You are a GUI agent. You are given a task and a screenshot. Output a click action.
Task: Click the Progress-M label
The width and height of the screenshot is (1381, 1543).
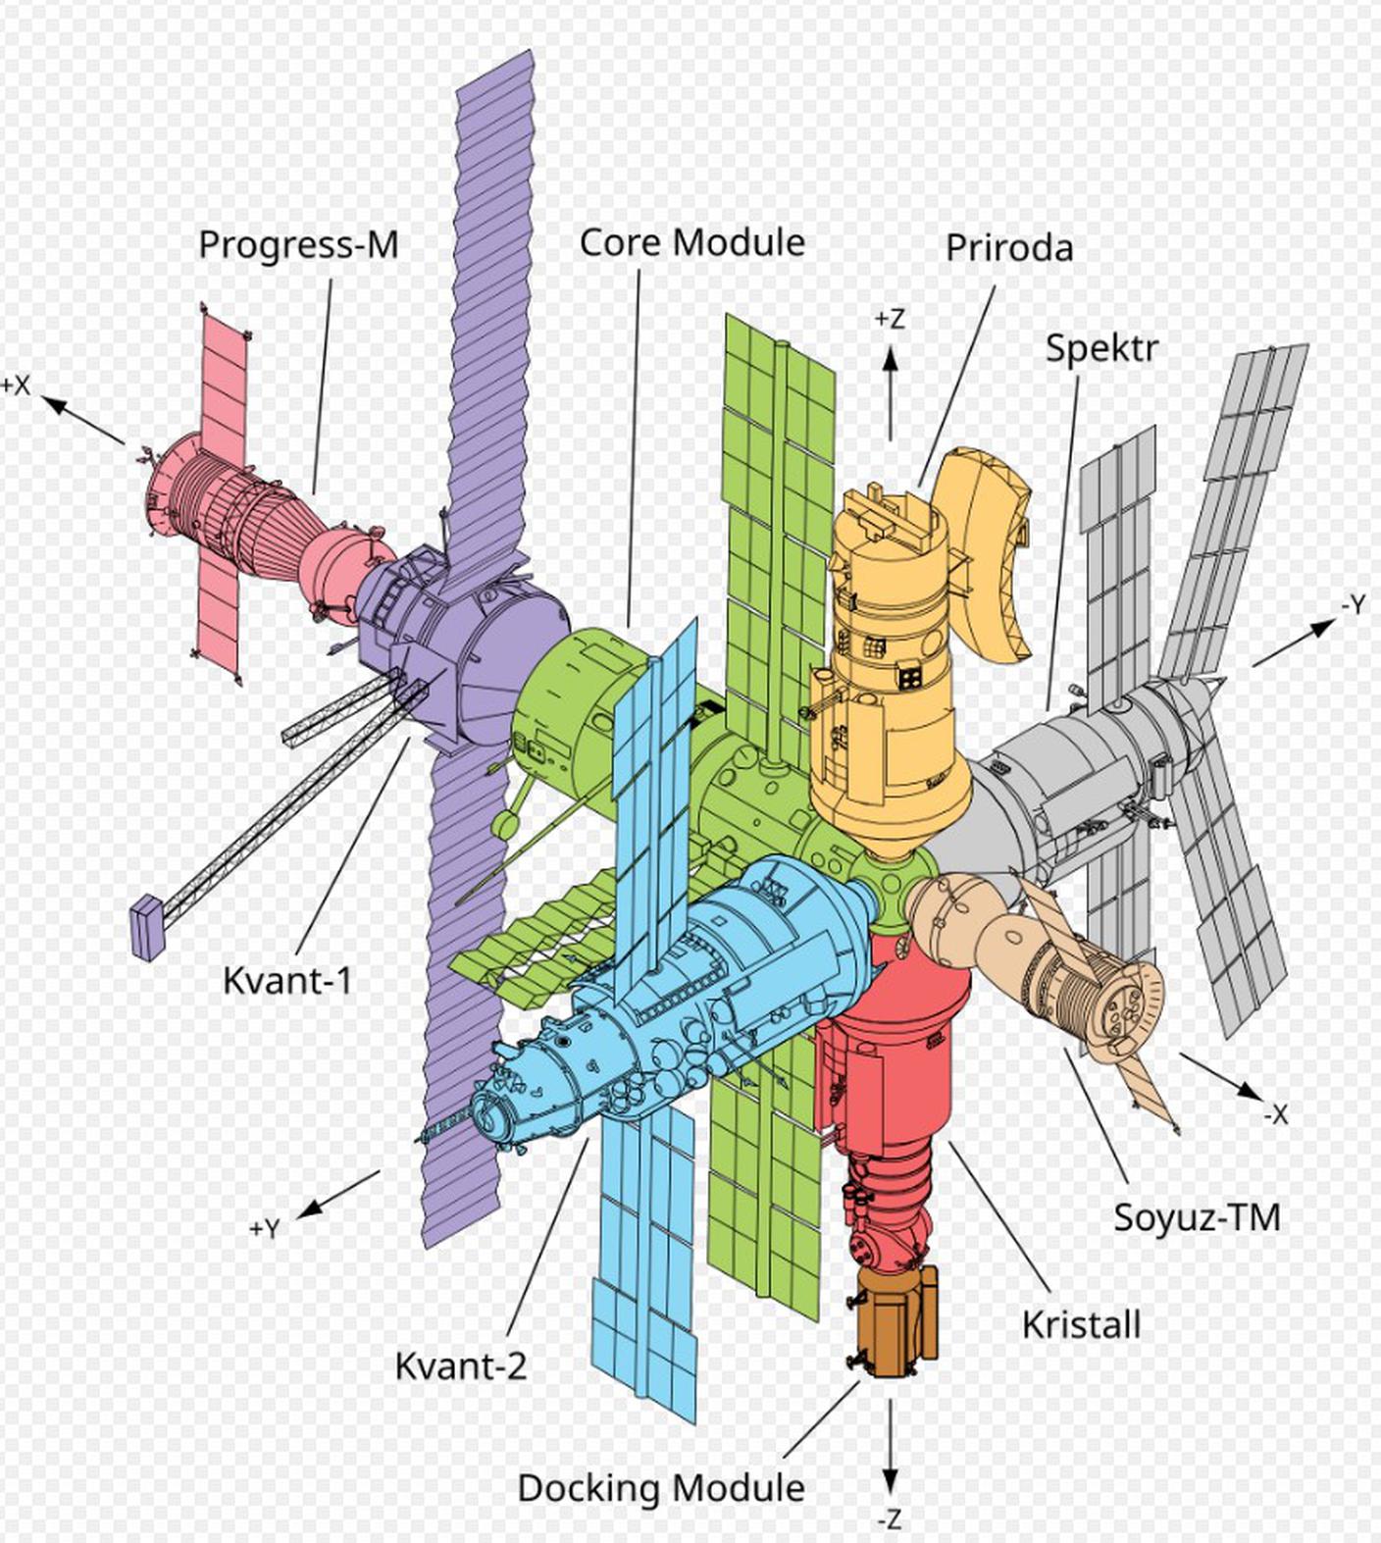pyautogui.click(x=298, y=244)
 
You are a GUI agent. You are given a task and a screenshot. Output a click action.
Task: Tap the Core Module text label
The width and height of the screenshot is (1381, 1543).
pyautogui.click(x=691, y=242)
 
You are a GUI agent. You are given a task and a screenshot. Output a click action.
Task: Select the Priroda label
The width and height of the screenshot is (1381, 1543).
pyautogui.click(x=1008, y=248)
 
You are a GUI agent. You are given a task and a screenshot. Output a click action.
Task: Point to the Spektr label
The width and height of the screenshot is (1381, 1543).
pyautogui.click(x=1100, y=348)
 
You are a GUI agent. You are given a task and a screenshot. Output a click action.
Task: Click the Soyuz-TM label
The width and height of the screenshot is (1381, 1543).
pyautogui.click(x=1197, y=1217)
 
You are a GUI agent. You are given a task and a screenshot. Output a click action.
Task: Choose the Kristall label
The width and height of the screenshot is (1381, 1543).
pyautogui.click(x=1081, y=1324)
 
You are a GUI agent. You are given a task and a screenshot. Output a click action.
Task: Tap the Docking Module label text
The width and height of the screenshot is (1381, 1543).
pyautogui.click(x=661, y=1487)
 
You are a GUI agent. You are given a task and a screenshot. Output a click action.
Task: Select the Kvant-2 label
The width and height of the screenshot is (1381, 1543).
pyautogui.click(x=460, y=1365)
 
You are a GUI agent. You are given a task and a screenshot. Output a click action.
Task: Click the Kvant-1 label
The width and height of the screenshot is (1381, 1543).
pyautogui.click(x=286, y=980)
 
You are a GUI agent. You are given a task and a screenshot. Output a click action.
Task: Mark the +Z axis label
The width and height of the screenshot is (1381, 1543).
pyautogui.click(x=890, y=320)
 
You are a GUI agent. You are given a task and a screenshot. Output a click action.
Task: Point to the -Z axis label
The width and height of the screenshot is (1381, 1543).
pyautogui.click(x=889, y=1519)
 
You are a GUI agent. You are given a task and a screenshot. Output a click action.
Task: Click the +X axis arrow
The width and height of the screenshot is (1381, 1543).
pyautogui.click(x=84, y=420)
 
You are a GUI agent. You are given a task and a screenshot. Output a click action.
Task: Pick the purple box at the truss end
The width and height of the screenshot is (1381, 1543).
pyautogui.click(x=146, y=927)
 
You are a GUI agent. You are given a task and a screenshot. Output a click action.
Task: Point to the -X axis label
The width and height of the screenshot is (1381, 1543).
pyautogui.click(x=1274, y=1114)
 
